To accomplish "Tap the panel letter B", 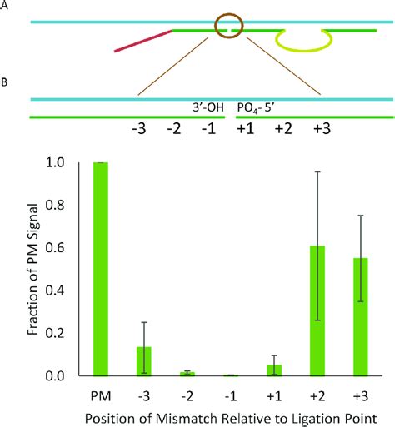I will [x=6, y=83].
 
